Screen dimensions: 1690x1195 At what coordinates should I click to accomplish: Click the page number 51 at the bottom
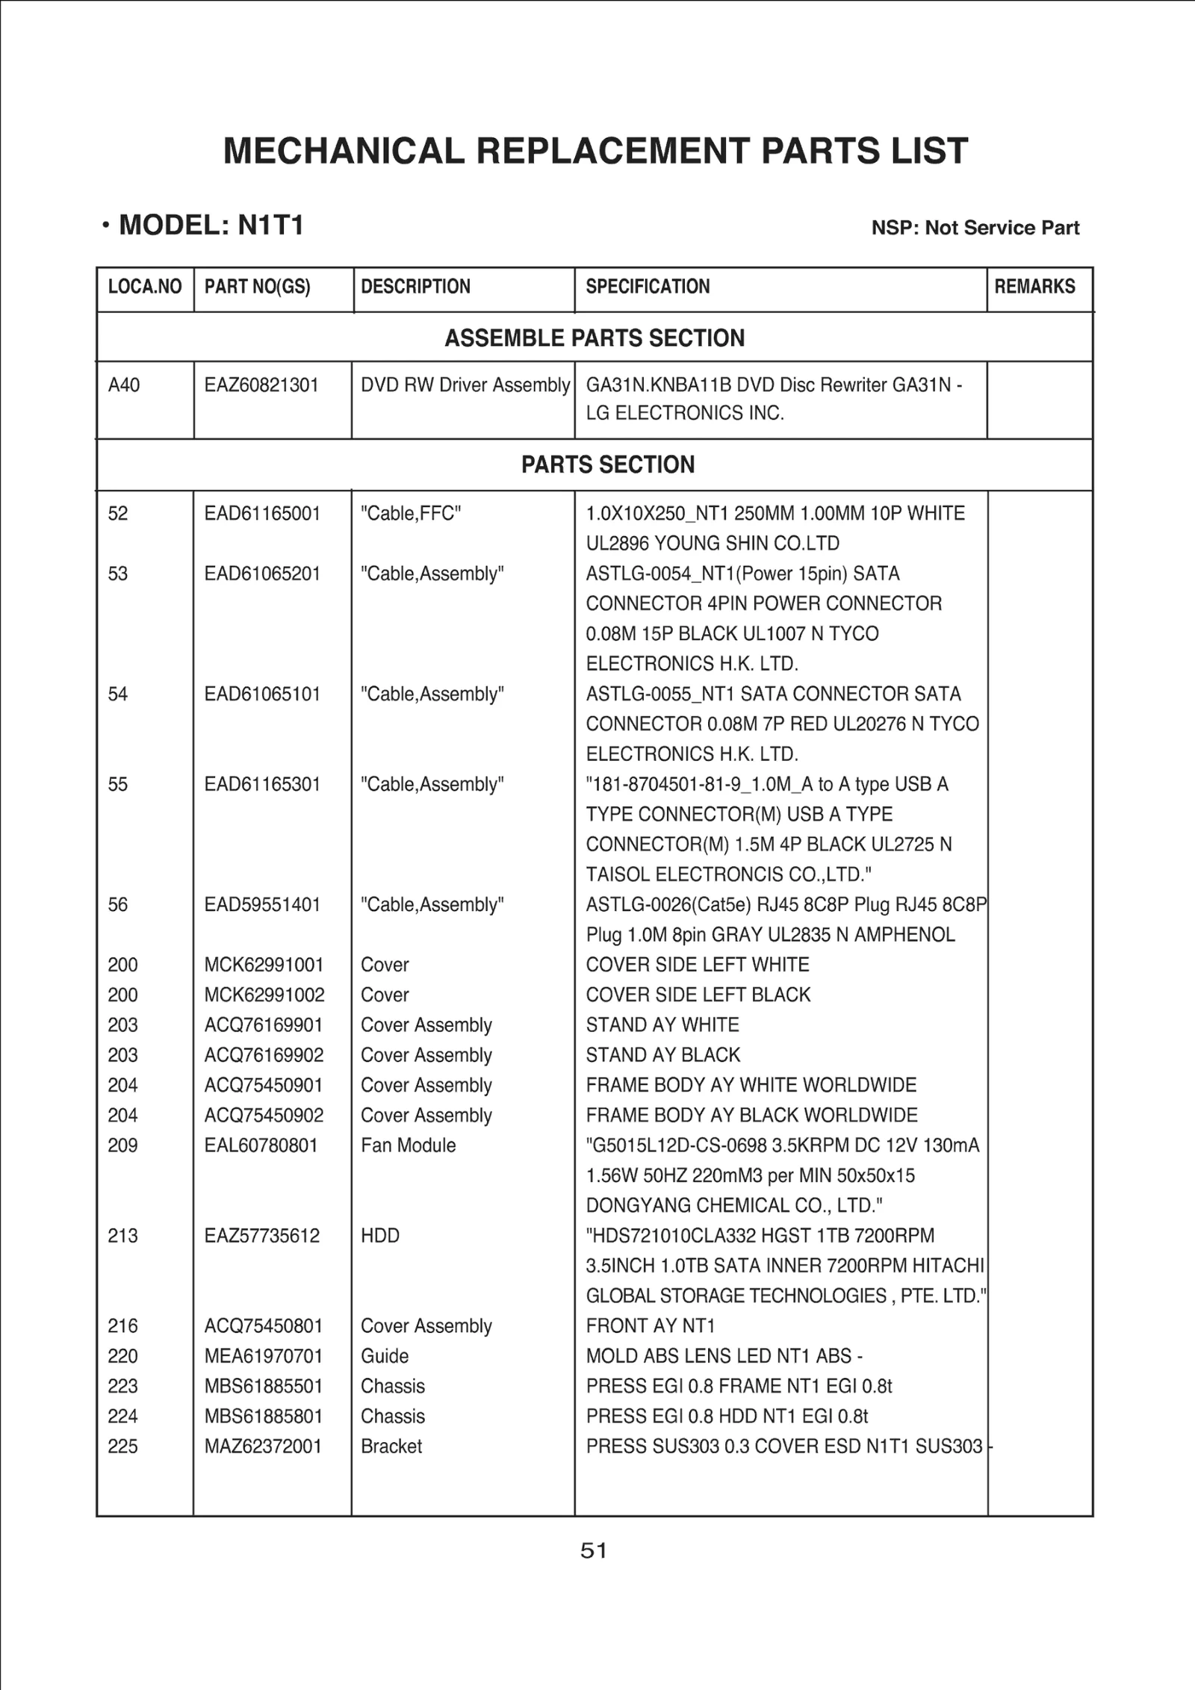click(594, 1551)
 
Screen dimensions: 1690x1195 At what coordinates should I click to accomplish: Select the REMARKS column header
click(1034, 287)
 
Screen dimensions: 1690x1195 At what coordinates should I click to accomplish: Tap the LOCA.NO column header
click(145, 287)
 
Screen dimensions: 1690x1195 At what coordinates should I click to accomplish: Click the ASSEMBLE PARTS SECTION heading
click(595, 338)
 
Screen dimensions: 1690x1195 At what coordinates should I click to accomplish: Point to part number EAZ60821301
click(261, 385)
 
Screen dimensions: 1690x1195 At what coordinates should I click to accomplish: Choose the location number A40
click(124, 385)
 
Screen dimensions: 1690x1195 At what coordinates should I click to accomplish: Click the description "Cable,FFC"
click(411, 514)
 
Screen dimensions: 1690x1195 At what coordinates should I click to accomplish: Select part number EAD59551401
click(262, 905)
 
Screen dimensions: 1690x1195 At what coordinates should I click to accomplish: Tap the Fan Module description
click(408, 1146)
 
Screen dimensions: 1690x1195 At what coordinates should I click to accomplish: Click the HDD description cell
click(380, 1236)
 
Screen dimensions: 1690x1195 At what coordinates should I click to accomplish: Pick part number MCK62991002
click(264, 995)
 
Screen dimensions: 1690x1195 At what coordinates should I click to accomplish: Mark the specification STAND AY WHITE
click(662, 1025)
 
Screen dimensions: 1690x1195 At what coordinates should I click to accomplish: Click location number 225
click(122, 1447)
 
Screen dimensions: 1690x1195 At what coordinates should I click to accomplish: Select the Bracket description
click(391, 1447)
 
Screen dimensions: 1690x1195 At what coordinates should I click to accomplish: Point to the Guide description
click(385, 1356)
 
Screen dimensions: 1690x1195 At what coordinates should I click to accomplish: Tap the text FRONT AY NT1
click(651, 1326)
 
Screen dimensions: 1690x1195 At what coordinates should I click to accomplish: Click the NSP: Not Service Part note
click(975, 228)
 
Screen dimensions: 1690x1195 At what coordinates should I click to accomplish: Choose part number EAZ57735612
click(262, 1236)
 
